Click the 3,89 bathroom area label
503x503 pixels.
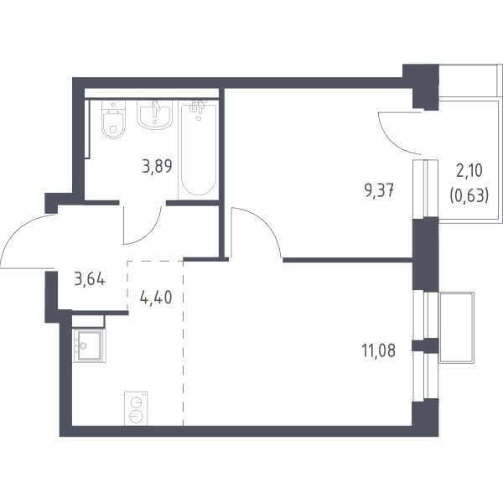pos(158,166)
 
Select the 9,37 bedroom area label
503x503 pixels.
pos(379,191)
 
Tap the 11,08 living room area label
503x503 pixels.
pos(379,350)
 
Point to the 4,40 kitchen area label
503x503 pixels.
pos(156,298)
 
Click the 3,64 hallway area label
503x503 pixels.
pos(90,279)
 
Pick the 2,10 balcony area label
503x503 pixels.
pos(469,171)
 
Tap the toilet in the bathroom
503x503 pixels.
pos(113,119)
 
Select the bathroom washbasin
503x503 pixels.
pos(154,115)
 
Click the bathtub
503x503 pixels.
pos(198,150)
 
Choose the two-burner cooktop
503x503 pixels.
pos(136,408)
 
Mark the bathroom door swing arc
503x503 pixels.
pos(148,231)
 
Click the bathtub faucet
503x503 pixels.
pos(197,106)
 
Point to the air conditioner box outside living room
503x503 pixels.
pos(456,327)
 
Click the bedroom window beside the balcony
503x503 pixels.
pos(425,189)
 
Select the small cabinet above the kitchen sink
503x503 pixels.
pos(88,321)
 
